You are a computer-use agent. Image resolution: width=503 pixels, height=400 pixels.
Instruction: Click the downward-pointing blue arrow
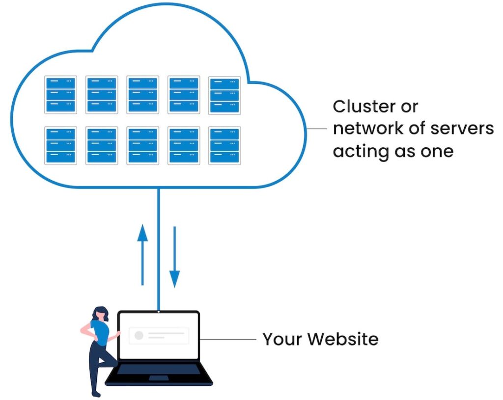pos(174,257)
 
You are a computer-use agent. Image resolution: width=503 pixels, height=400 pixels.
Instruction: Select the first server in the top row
pos(60,94)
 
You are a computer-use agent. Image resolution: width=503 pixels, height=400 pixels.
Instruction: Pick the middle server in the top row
pos(142,94)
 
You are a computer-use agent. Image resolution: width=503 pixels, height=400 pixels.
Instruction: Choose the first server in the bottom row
pos(60,145)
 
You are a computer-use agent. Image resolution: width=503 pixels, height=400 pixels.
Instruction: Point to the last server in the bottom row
pos(224,145)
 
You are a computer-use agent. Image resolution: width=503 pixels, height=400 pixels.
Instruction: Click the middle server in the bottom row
pos(142,145)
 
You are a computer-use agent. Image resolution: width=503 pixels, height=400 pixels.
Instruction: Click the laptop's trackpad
pos(159,378)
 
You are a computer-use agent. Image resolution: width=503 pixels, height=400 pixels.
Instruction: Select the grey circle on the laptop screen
pos(139,335)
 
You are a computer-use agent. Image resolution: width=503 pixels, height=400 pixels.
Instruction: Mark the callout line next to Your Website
pos(228,339)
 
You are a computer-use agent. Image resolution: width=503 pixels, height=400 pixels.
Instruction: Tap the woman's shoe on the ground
pos(96,393)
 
